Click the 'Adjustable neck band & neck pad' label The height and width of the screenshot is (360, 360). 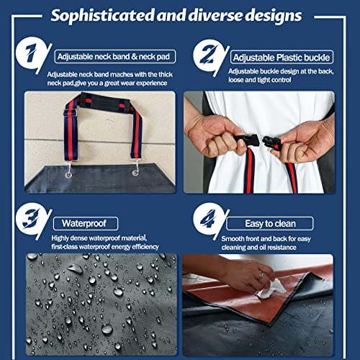click(107, 55)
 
